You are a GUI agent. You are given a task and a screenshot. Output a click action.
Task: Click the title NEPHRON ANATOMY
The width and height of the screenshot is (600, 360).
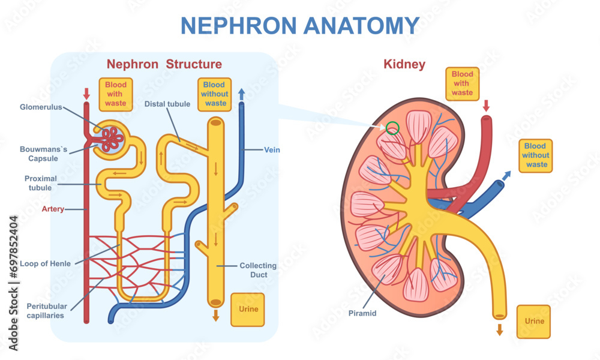click(x=300, y=26)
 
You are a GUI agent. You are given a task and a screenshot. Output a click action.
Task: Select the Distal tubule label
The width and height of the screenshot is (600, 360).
click(x=167, y=104)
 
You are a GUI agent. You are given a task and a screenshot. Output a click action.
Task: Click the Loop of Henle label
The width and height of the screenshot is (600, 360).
click(x=45, y=263)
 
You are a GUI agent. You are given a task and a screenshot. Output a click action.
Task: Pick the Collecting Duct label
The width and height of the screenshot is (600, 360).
click(x=258, y=270)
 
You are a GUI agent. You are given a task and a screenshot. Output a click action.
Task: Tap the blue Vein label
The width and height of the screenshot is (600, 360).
click(x=272, y=149)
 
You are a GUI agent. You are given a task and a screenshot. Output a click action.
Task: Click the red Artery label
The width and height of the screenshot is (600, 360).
click(x=53, y=209)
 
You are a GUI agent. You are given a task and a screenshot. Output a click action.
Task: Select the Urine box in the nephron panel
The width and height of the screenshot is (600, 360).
click(x=247, y=310)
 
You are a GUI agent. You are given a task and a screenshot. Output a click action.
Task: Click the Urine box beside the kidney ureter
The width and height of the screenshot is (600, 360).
click(x=534, y=322)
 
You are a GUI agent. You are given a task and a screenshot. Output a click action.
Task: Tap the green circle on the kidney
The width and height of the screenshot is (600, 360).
click(x=392, y=127)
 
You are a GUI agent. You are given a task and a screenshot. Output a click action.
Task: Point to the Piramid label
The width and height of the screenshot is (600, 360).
click(x=362, y=313)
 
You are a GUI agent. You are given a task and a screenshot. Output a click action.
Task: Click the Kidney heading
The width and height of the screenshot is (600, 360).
click(x=404, y=64)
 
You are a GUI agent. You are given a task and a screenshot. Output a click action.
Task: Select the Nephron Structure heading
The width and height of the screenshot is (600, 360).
click(x=164, y=64)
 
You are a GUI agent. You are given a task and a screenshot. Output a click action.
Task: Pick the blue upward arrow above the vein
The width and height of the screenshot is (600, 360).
click(x=241, y=94)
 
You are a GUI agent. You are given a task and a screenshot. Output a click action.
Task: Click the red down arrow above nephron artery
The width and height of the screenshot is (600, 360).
click(x=86, y=94)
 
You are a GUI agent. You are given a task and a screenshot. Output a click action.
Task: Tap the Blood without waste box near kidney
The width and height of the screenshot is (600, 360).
click(x=535, y=155)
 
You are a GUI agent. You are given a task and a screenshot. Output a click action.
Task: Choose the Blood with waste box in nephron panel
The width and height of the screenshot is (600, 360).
click(x=116, y=94)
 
